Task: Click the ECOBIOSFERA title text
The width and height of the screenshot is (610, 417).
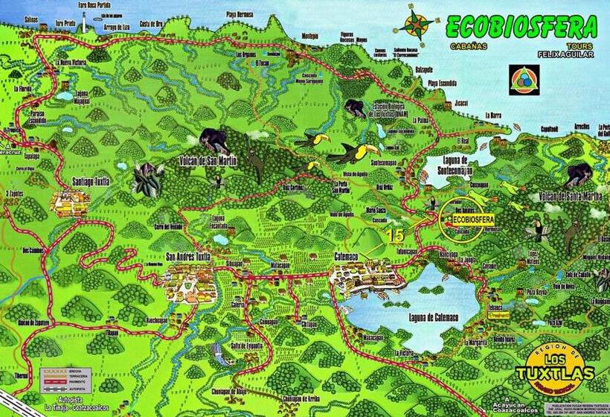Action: (521, 28)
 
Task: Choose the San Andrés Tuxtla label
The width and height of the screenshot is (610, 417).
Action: (188, 257)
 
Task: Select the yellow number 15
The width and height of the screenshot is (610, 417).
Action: (394, 235)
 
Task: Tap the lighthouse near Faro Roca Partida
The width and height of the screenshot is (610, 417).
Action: (83, 21)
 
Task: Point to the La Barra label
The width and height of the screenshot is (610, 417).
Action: (494, 115)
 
